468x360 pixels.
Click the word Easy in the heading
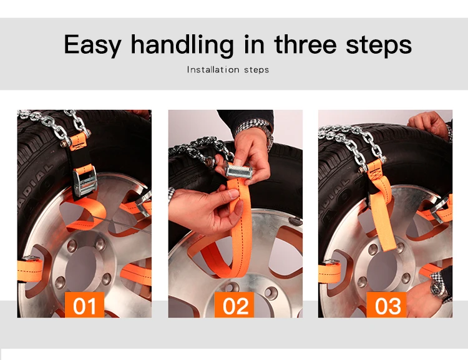(92, 45)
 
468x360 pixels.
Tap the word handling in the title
(182, 45)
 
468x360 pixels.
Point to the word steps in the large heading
(379, 46)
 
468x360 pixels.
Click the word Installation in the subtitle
(213, 69)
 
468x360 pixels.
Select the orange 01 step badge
(84, 304)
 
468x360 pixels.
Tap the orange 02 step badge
(234, 304)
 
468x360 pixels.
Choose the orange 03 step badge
(386, 304)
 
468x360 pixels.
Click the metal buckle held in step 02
(239, 170)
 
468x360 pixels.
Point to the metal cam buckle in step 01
(85, 181)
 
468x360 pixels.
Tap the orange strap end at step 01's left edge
(30, 270)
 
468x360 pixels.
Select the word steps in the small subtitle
(256, 70)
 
